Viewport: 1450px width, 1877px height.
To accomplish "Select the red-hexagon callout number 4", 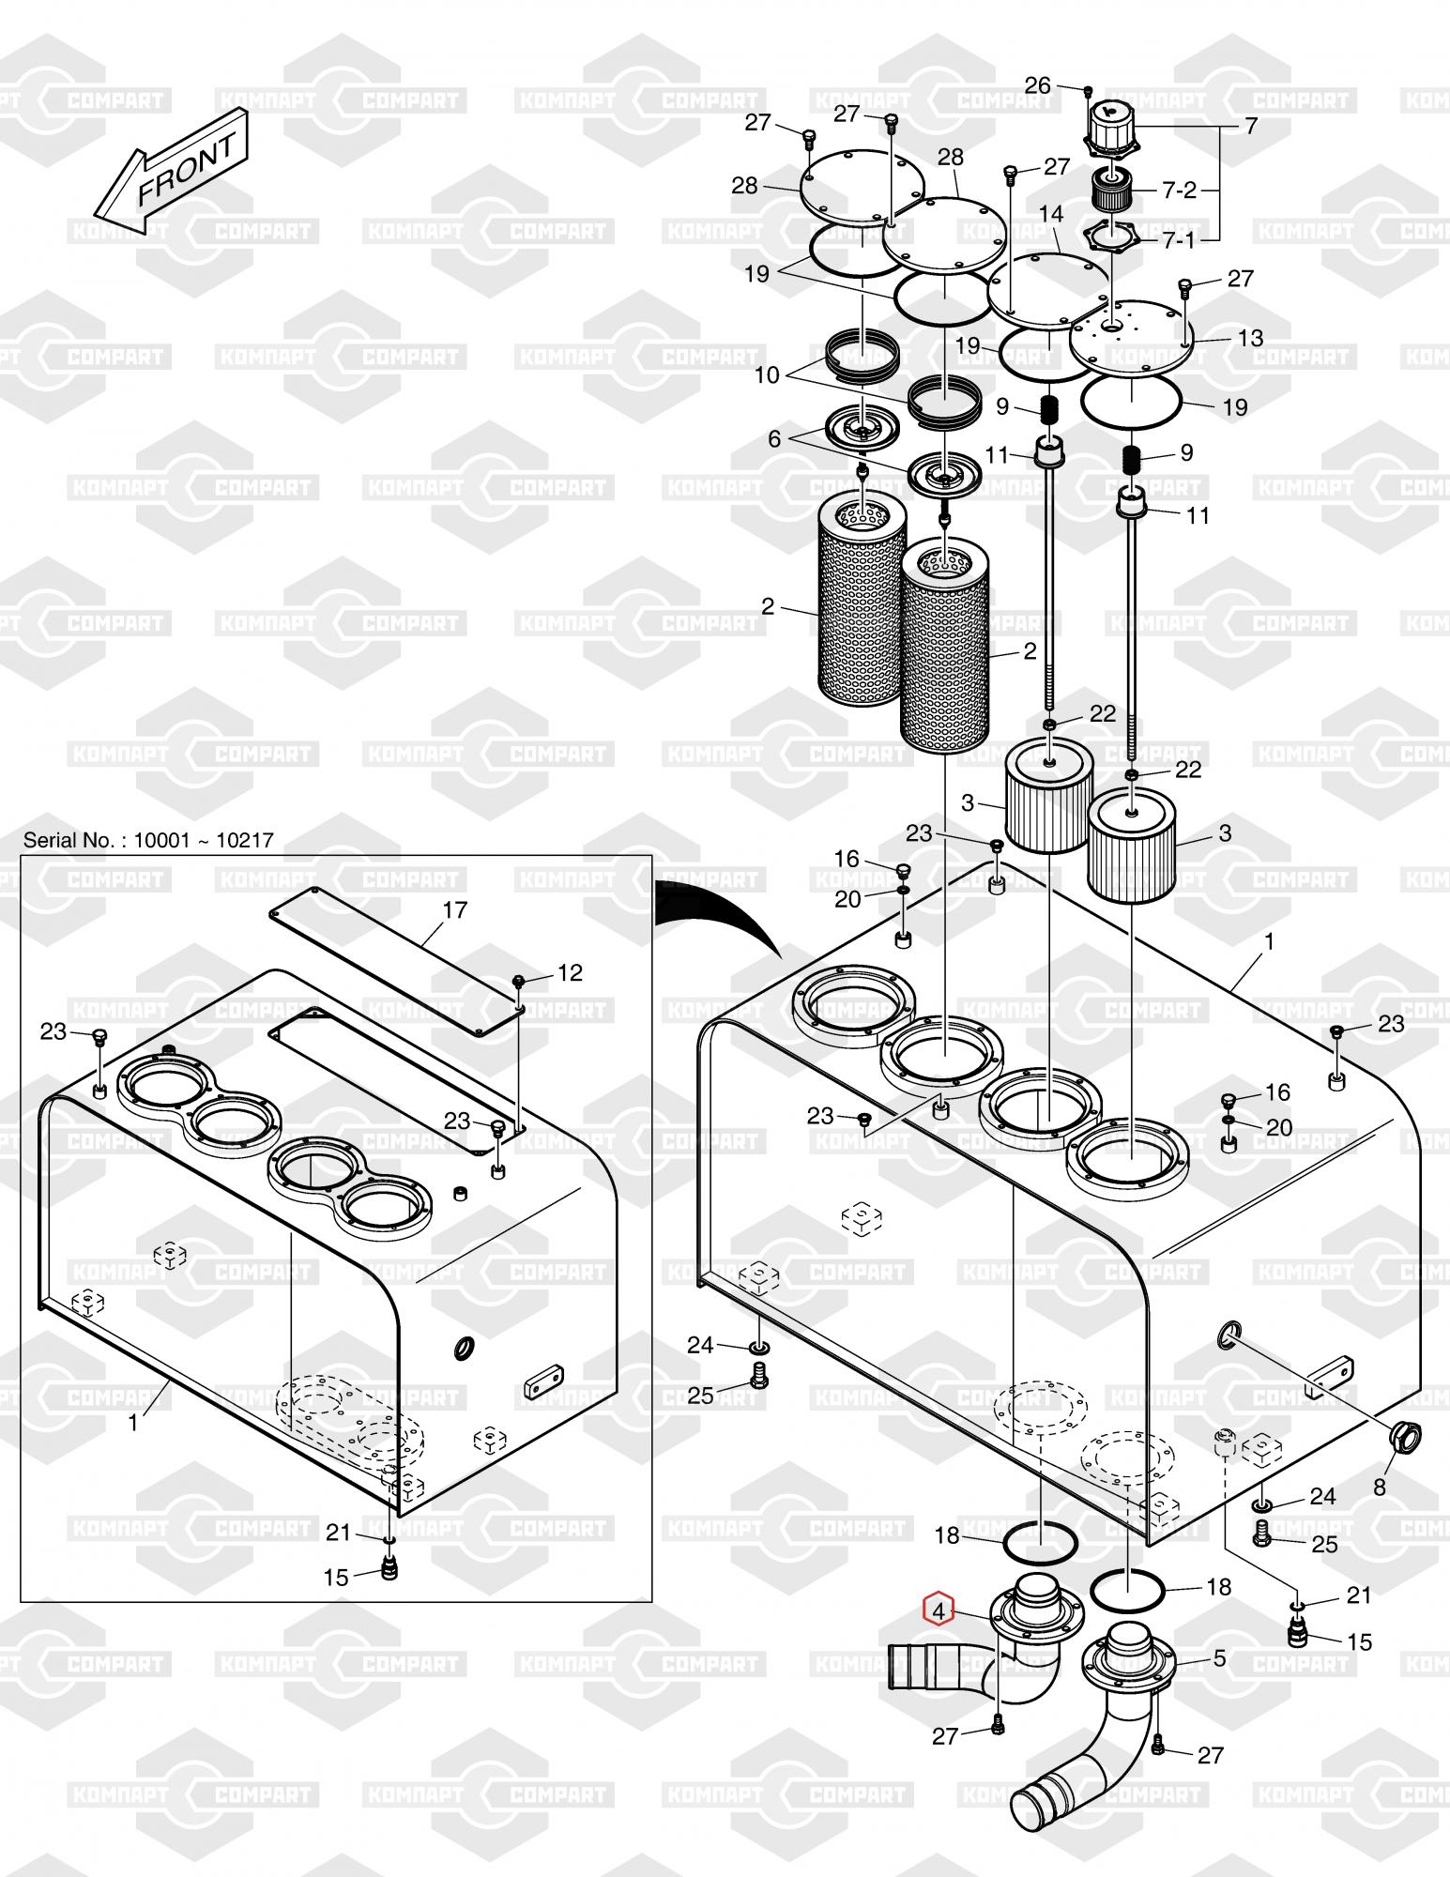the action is pyautogui.click(x=939, y=1610).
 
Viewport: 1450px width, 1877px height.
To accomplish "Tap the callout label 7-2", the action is pyautogui.click(x=1180, y=191).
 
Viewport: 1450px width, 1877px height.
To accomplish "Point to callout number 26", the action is pyautogui.click(x=1037, y=85).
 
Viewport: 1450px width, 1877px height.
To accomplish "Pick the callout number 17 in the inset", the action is pyautogui.click(x=454, y=909).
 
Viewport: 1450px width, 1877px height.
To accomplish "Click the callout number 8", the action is pyautogui.click(x=1379, y=1488).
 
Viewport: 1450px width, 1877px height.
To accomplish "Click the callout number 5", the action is pyautogui.click(x=1219, y=1658).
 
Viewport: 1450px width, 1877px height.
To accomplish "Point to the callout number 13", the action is pyautogui.click(x=1251, y=338).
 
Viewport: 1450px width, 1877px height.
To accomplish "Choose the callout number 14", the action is pyautogui.click(x=1051, y=214).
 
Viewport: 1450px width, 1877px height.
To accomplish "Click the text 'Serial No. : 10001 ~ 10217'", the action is pyautogui.click(x=148, y=840).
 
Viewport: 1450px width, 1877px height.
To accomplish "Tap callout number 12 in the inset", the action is pyautogui.click(x=570, y=972).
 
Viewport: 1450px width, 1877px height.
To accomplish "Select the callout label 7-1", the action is pyautogui.click(x=1179, y=240).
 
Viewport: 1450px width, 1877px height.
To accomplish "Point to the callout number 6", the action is pyautogui.click(x=774, y=439).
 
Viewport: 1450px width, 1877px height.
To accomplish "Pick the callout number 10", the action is pyautogui.click(x=767, y=375).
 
